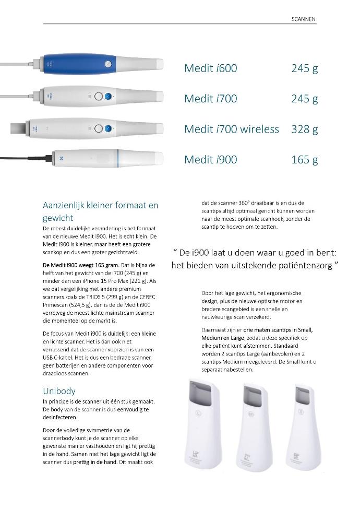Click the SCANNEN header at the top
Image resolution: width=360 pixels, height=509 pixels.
point(304,19)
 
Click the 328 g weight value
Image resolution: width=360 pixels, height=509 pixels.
point(304,129)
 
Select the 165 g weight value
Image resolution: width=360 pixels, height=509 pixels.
point(304,159)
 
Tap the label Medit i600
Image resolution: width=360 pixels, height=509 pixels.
point(210,68)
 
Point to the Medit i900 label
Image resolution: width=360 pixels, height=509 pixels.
point(210,159)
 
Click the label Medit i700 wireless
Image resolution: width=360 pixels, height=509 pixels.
point(231,129)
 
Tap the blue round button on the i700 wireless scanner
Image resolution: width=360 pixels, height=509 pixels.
point(107,129)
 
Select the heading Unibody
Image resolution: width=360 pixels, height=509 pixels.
point(59,390)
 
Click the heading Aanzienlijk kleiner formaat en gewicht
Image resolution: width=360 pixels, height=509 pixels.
point(100,211)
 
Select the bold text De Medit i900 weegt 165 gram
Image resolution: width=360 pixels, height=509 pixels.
point(81,265)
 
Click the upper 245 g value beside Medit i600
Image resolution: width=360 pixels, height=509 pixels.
point(304,68)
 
